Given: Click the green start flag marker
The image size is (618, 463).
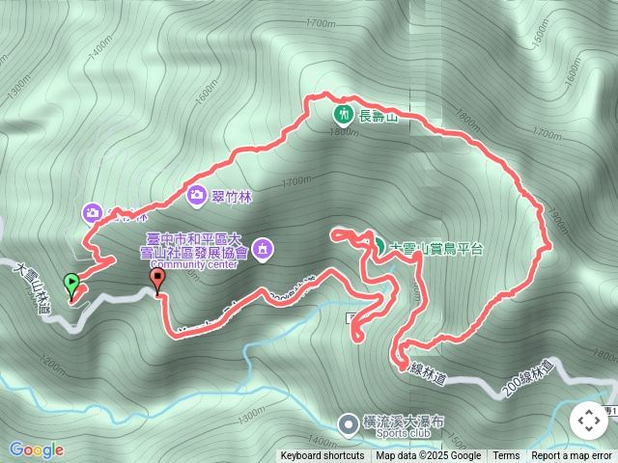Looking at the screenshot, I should click(x=70, y=285).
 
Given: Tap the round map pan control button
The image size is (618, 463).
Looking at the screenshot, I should click(x=588, y=421).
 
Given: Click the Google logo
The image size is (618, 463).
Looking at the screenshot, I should click(x=37, y=449).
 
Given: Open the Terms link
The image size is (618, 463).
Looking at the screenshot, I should click(x=506, y=456).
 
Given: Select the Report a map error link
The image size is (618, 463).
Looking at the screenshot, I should click(x=572, y=456).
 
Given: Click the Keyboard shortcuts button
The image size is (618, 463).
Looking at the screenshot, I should click(x=323, y=456).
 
